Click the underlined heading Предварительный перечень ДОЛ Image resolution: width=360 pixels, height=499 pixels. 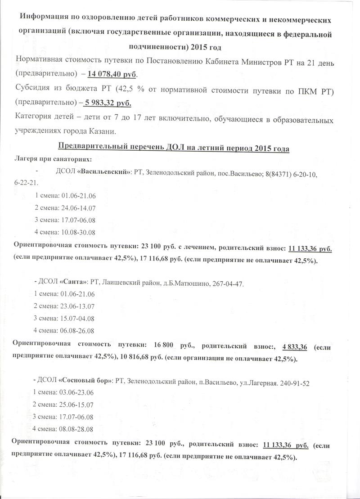pyautogui.click(x=174, y=149)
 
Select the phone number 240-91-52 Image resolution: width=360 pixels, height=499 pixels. pyautogui.click(x=293, y=382)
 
